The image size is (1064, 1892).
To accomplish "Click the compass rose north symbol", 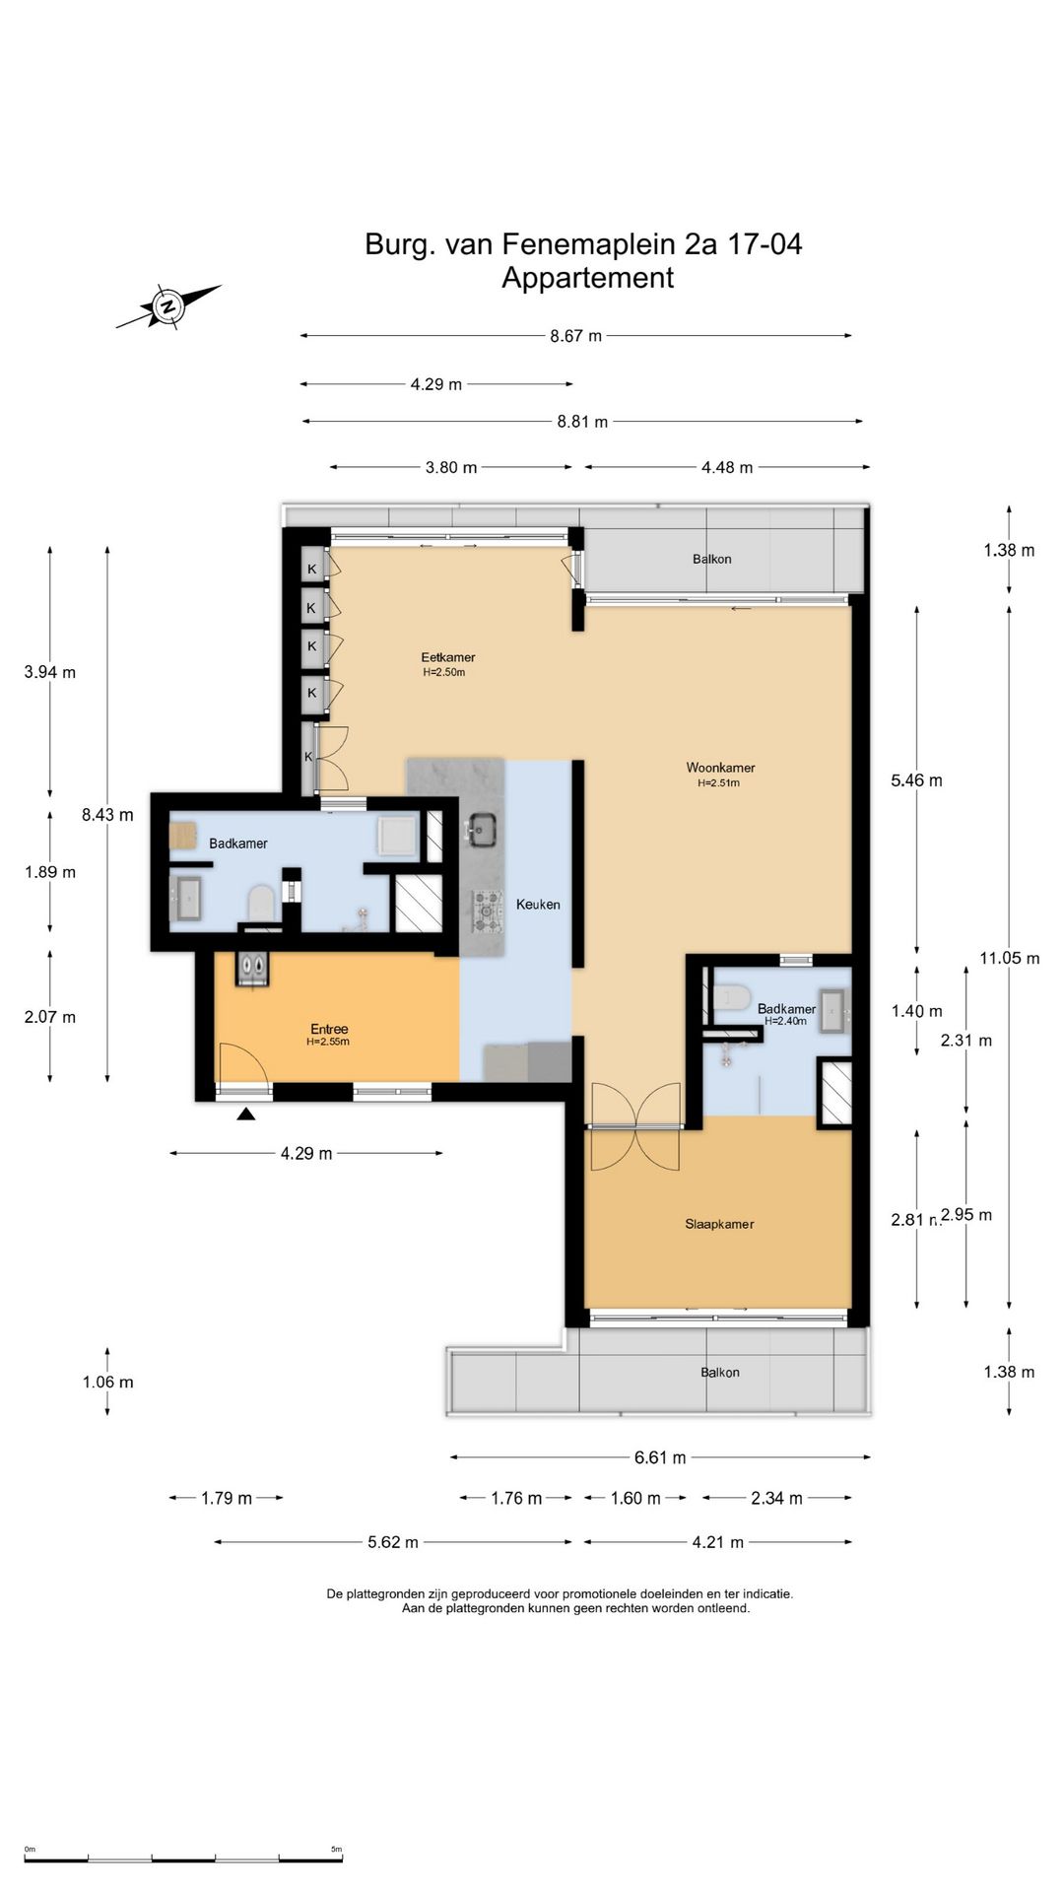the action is click(x=168, y=305).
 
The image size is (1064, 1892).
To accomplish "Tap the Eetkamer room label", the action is click(x=448, y=657).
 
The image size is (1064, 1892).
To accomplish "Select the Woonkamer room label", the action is click(x=720, y=768).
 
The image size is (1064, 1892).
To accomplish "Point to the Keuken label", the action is click(x=538, y=904).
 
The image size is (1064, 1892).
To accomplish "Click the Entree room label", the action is click(x=329, y=1029).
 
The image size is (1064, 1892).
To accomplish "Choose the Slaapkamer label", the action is click(x=719, y=1224).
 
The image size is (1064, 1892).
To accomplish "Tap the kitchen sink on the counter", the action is click(x=482, y=830).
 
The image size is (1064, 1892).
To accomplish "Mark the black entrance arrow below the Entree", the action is click(x=246, y=1114).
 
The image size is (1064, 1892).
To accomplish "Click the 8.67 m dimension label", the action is click(x=575, y=336).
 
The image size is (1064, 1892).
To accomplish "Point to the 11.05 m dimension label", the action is click(x=1010, y=958).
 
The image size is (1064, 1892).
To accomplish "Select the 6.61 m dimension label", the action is click(x=660, y=1457).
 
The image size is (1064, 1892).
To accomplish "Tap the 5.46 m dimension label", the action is click(x=916, y=780).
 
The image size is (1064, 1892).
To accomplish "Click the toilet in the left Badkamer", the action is click(x=261, y=902).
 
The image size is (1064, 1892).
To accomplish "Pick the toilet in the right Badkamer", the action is click(x=730, y=997).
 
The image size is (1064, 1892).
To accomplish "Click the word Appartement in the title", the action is click(x=587, y=278).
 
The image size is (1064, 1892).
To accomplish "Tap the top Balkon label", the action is click(x=711, y=559).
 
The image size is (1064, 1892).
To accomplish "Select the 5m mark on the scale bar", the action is click(x=336, y=1850).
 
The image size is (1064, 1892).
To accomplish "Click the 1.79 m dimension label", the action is click(x=227, y=1499).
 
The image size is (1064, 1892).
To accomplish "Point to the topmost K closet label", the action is click(x=312, y=569).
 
